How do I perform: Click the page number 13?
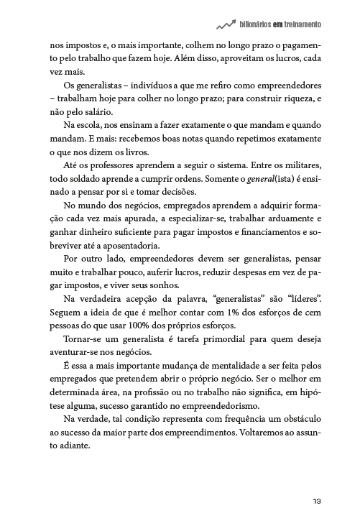coord(316,501)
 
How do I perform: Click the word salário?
coord(100,112)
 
